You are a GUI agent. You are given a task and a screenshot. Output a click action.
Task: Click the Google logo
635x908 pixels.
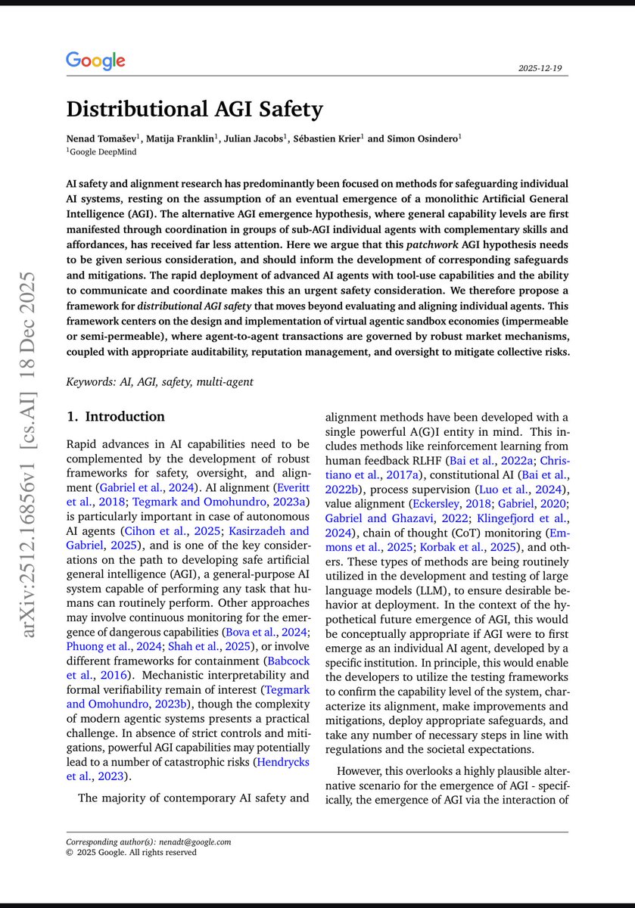(x=95, y=61)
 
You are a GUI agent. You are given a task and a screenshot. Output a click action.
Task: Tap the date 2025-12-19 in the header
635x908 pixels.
(x=543, y=68)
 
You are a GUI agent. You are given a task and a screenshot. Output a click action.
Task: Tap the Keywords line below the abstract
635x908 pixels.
(x=160, y=382)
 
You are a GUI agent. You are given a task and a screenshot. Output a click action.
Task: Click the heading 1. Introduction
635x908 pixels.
(x=115, y=417)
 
